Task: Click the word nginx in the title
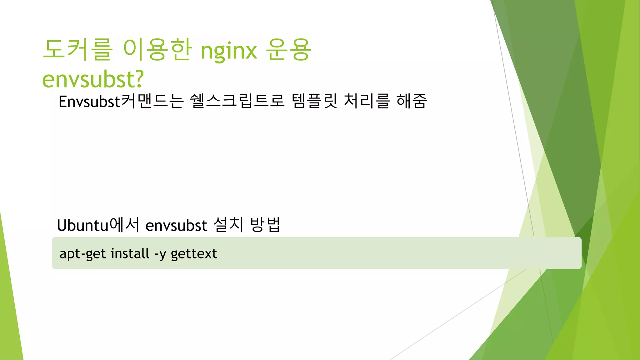pyautogui.click(x=229, y=51)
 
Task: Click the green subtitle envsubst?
pyautogui.click(x=92, y=79)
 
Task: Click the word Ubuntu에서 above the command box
pyautogui.click(x=98, y=225)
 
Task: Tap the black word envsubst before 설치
pyautogui.click(x=176, y=225)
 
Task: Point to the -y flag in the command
pyautogui.click(x=160, y=254)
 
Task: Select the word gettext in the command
pyautogui.click(x=194, y=253)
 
